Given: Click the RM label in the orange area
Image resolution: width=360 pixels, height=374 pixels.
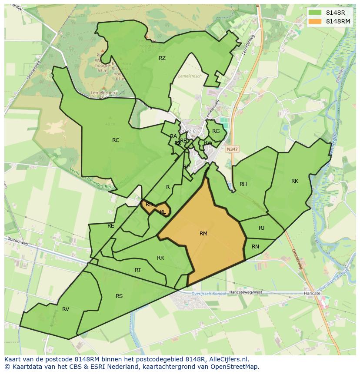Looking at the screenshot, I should pyautogui.click(x=203, y=234).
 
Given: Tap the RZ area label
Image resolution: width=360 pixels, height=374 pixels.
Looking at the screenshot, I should pyautogui.click(x=162, y=58).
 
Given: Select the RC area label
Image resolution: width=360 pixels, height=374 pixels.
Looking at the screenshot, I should pyautogui.click(x=116, y=140).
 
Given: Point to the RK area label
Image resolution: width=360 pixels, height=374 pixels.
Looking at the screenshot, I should pyautogui.click(x=295, y=181).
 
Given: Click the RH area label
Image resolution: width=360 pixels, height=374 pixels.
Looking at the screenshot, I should pyautogui.click(x=243, y=184).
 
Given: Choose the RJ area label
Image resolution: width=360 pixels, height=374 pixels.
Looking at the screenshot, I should pyautogui.click(x=261, y=228).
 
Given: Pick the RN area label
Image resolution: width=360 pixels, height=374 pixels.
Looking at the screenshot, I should pyautogui.click(x=255, y=247).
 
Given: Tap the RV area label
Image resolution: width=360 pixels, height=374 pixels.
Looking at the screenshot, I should pyautogui.click(x=66, y=309).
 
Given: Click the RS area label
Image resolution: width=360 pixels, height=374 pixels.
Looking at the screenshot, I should pyautogui.click(x=119, y=296).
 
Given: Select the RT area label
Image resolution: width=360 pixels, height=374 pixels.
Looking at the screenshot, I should pyautogui.click(x=138, y=270).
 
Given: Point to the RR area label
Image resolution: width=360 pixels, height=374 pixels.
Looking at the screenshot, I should pyautogui.click(x=160, y=258).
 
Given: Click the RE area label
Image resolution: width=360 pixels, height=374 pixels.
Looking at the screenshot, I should pyautogui.click(x=111, y=226).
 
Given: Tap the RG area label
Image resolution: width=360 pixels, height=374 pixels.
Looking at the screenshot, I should pyautogui.click(x=216, y=131).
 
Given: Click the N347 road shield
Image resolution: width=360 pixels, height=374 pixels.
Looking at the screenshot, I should pyautogui.click(x=232, y=149).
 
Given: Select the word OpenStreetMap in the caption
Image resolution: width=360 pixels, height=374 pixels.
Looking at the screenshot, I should pyautogui.click(x=237, y=367).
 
